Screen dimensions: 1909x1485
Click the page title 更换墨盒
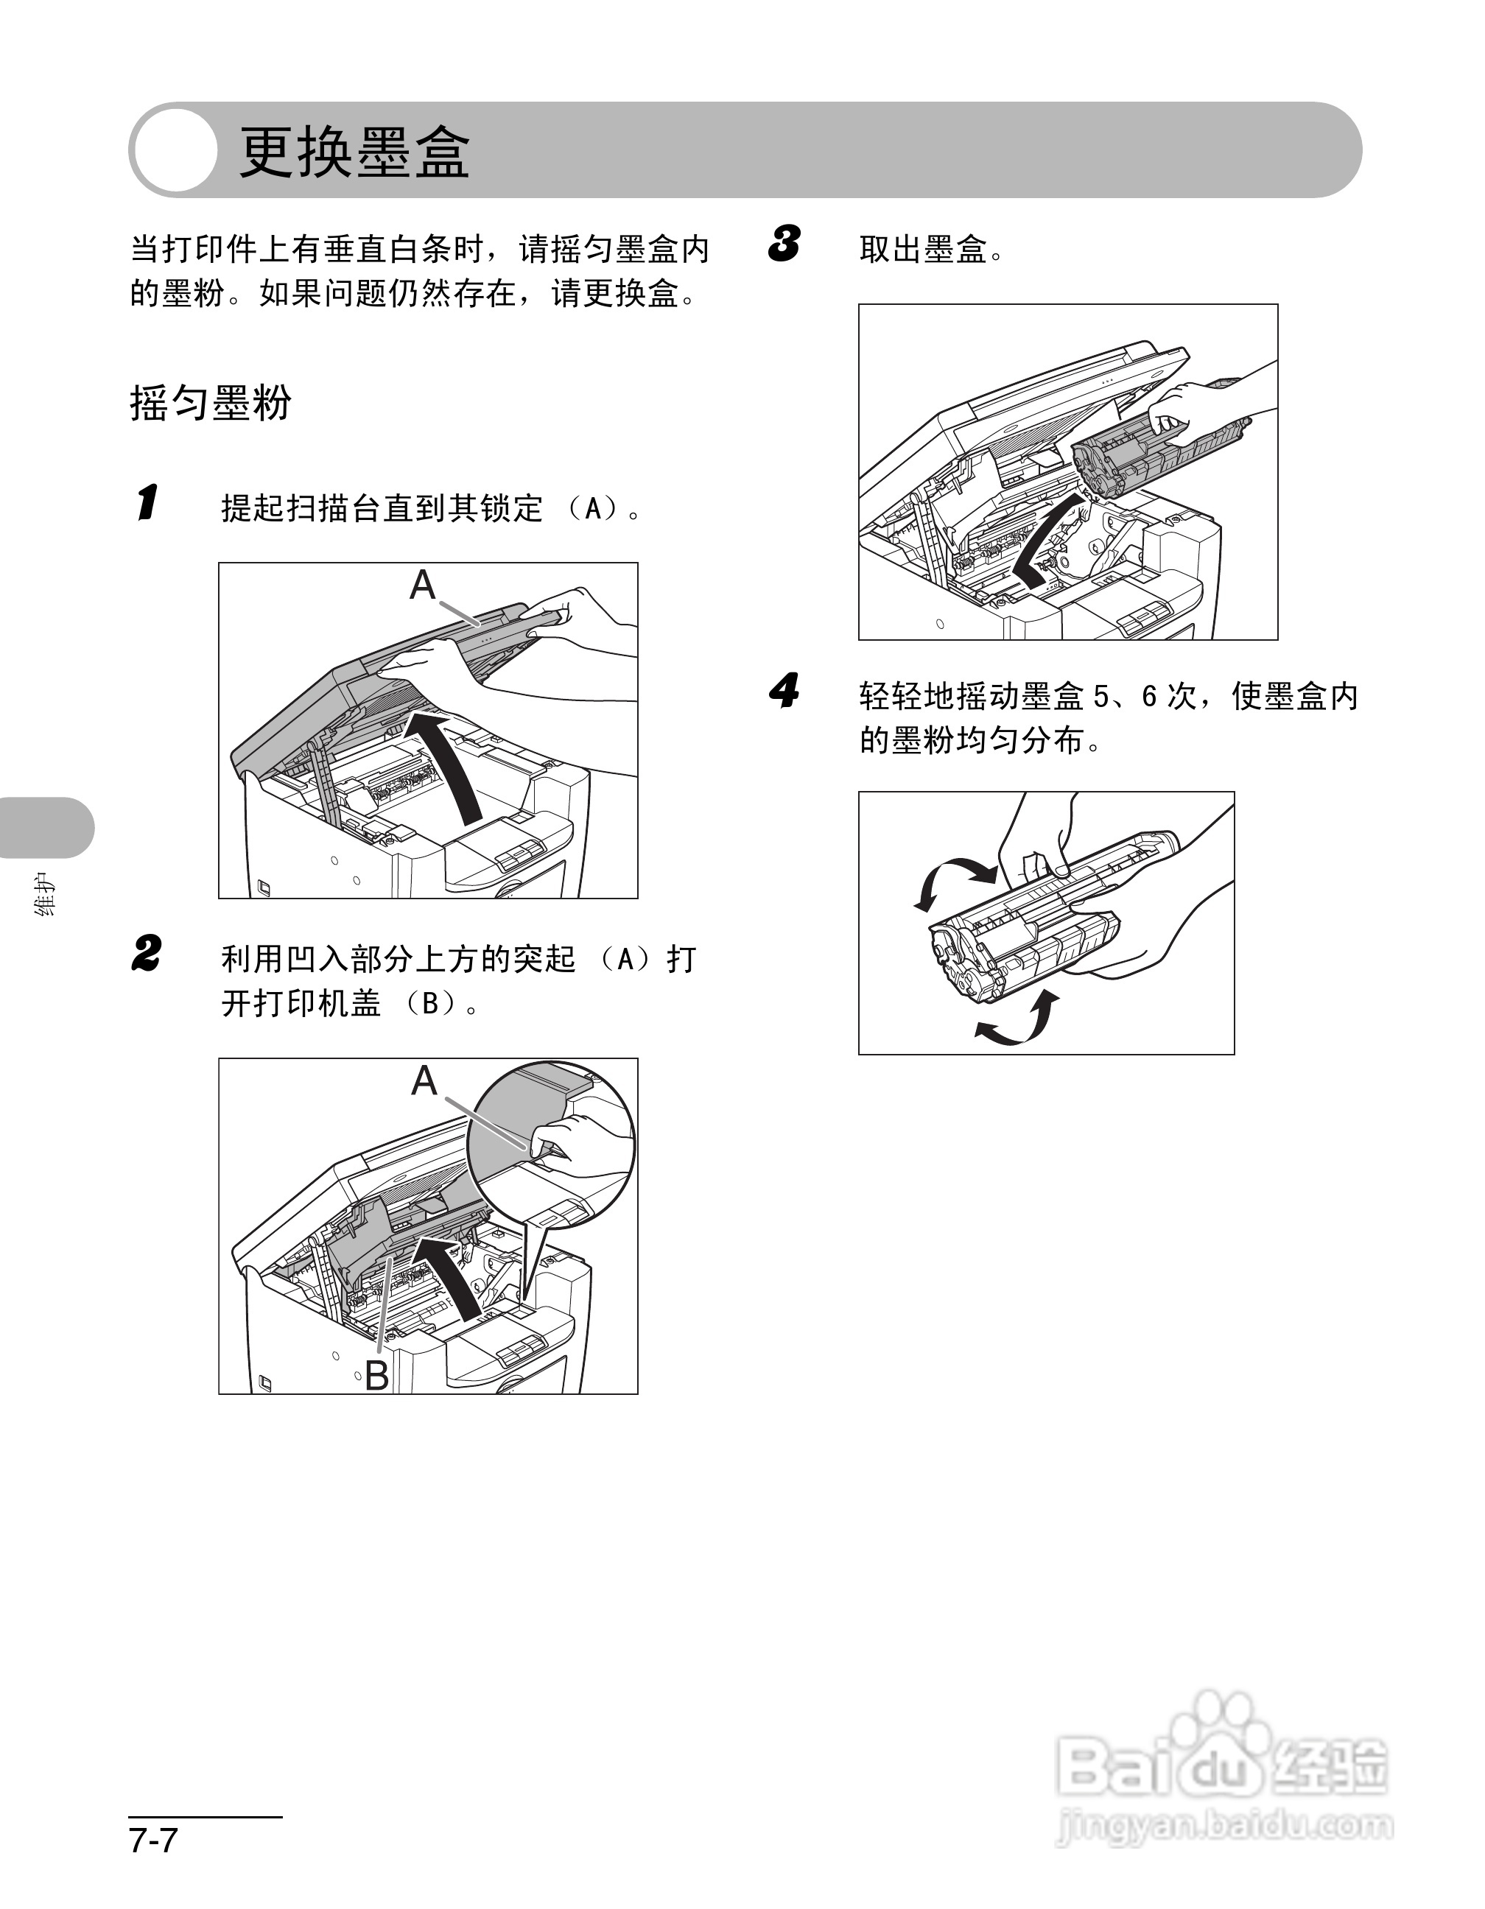[x=354, y=153]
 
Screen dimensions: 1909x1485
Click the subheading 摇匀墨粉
[x=210, y=403]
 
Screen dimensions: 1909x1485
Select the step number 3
[x=785, y=244]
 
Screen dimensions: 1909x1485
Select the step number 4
[x=785, y=692]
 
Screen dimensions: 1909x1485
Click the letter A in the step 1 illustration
[x=422, y=584]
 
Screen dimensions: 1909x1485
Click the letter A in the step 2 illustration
[x=424, y=1080]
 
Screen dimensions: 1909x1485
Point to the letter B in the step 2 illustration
[x=376, y=1375]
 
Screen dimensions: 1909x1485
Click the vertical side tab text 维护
[x=46, y=895]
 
